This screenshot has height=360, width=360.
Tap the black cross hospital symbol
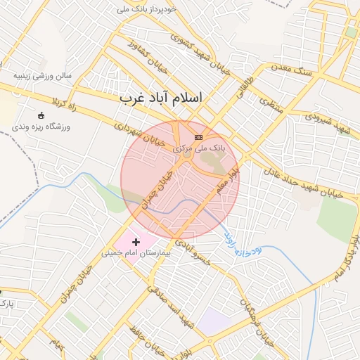(x=136, y=241)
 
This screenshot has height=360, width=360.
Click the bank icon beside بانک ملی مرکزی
(x=199, y=137)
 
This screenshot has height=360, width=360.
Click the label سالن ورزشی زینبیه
(x=44, y=75)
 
